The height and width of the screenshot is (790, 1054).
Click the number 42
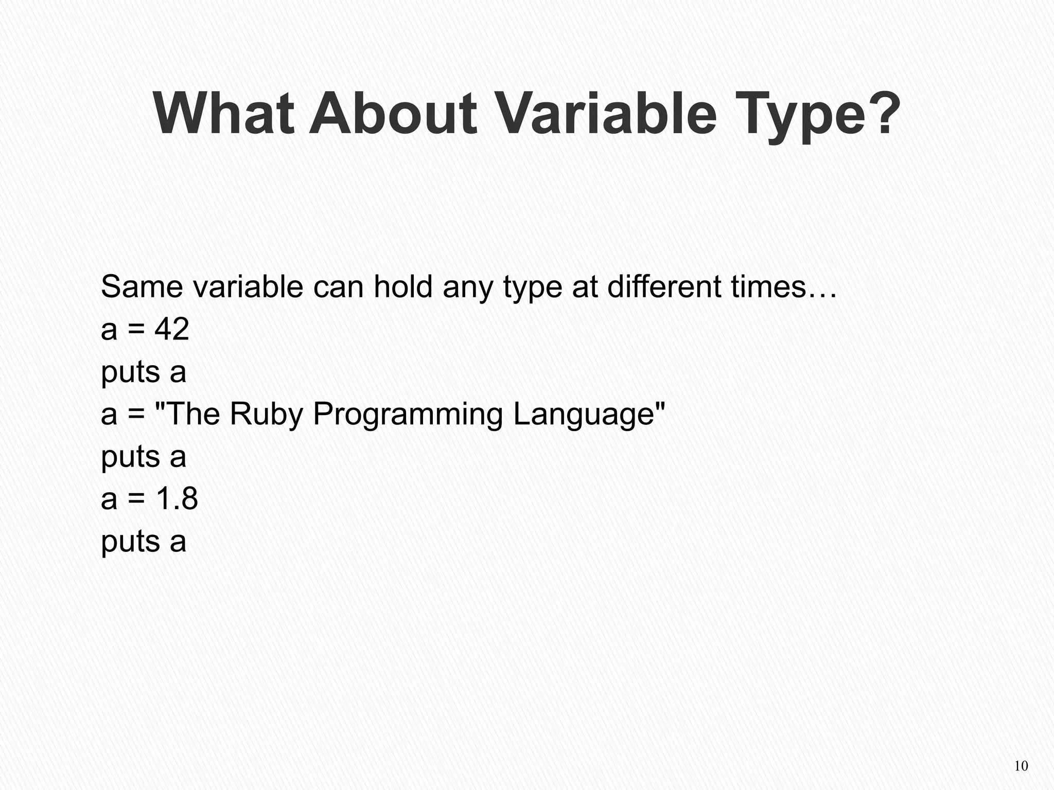click(172, 329)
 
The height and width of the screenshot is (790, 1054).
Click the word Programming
click(408, 415)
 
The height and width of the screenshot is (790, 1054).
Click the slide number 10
click(1021, 766)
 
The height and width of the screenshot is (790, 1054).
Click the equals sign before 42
click(136, 330)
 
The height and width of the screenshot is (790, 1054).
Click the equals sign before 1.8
click(136, 499)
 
